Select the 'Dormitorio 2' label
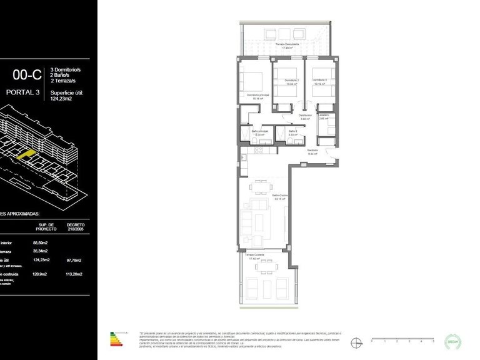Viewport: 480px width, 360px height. pyautogui.click(x=292, y=81)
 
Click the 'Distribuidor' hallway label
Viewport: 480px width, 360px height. pyautogui.click(x=305, y=116)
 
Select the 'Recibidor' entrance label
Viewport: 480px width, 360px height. pyautogui.click(x=312, y=151)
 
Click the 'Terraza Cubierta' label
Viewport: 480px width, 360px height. pyautogui.click(x=254, y=255)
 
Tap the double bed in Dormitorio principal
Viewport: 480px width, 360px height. pyautogui.click(x=252, y=81)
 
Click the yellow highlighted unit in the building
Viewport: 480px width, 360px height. pyautogui.click(x=27, y=154)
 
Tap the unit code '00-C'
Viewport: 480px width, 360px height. pyautogui.click(x=24, y=75)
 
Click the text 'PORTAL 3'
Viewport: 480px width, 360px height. pyautogui.click(x=22, y=93)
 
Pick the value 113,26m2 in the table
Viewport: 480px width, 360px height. pyautogui.click(x=75, y=273)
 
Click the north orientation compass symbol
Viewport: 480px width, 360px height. pyautogui.click(x=357, y=342)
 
